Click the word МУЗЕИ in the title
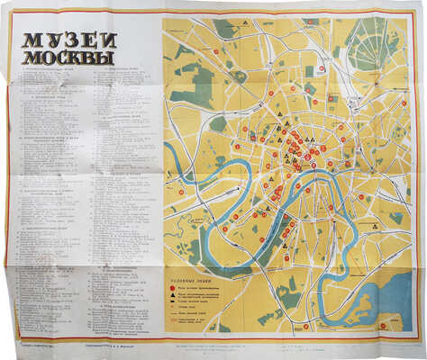point(60,41)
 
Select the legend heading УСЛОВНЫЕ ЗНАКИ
point(191,280)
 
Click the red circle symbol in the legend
point(171,288)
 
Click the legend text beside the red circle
point(200,288)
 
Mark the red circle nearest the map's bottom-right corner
point(383,325)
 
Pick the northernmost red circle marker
point(312,20)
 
